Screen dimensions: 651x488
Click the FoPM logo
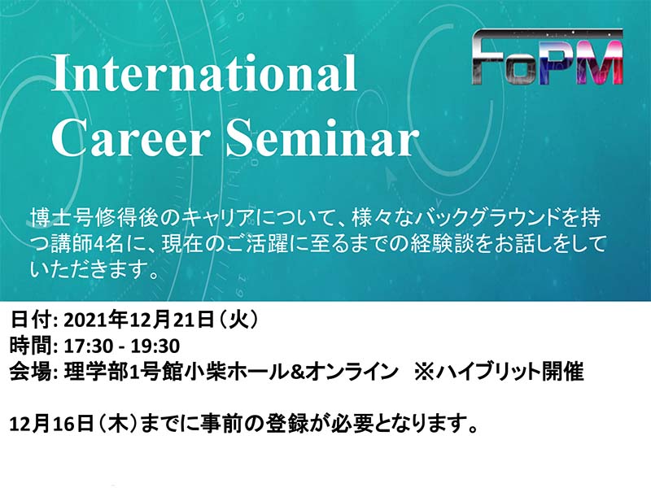[x=548, y=57]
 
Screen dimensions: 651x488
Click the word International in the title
[x=204, y=72]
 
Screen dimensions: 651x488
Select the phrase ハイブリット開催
[x=509, y=372]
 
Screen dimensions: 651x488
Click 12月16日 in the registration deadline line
[x=51, y=425]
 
